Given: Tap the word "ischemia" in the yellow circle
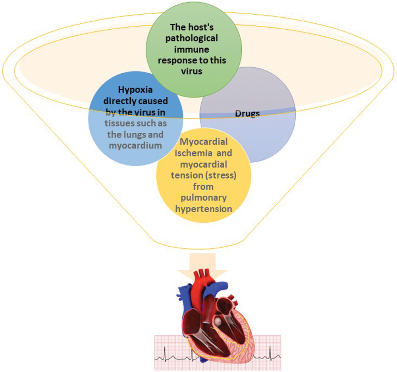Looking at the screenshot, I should [x=187, y=153].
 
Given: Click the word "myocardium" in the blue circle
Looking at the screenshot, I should [x=136, y=145].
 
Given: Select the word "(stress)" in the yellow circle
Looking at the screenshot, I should [x=222, y=175].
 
